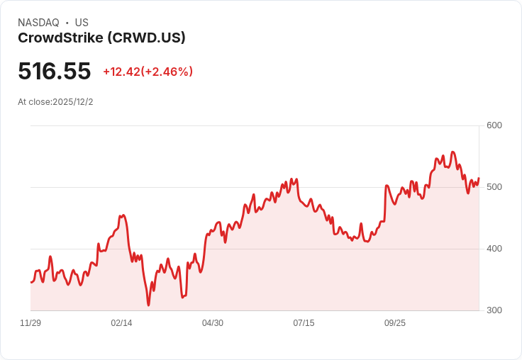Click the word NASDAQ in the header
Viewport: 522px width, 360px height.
38,23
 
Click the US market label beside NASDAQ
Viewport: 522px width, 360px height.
82,23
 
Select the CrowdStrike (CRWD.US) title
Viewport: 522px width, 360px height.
101,38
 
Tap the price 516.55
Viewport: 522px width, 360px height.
55,72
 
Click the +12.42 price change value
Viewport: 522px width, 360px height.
121,72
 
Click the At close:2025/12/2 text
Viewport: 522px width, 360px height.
55,102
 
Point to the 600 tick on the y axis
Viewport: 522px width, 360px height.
494,125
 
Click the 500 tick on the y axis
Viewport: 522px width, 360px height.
494,187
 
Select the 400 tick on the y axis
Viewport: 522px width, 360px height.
494,249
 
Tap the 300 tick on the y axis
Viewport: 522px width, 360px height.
494,310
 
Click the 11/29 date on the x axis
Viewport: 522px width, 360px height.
30,323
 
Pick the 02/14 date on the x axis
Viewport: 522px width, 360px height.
121,323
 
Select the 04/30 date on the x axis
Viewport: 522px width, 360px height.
213,323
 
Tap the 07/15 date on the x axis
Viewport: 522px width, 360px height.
304,323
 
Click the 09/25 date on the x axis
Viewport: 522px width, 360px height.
395,323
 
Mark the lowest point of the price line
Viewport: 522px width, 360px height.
148,305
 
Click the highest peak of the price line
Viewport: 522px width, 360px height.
452,152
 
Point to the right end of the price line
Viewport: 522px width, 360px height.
479,179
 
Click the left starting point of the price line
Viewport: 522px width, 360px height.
31,282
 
